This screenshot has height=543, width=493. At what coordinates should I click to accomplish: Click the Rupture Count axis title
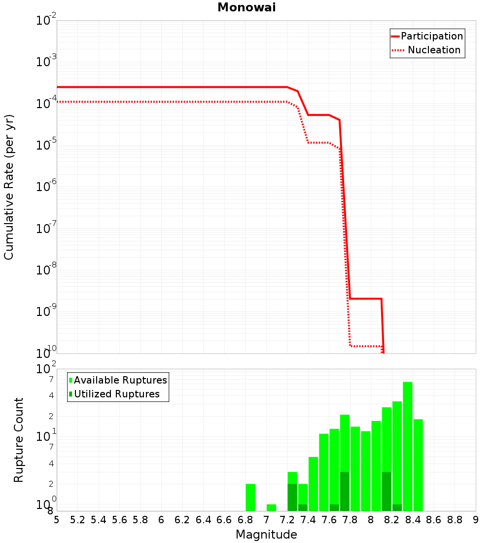pos(19,439)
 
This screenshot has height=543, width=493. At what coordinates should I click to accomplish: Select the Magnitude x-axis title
pos(266,535)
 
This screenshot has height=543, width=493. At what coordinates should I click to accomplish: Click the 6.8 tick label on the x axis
pos(245,520)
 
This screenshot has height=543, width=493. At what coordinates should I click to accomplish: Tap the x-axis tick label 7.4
pos(308,520)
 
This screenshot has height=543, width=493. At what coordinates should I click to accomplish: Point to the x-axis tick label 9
pos(476,520)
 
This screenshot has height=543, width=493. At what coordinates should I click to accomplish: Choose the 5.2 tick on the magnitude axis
pos(77,520)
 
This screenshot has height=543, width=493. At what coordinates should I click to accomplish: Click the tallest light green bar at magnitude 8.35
pos(407,444)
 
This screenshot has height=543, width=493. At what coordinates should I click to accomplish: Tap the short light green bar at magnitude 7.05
pos(271,507)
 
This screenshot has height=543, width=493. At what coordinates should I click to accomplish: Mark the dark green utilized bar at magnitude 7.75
pos(345,491)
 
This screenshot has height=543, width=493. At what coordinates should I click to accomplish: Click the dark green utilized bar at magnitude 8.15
pos(387,491)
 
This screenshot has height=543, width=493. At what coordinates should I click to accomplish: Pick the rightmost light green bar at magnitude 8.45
pos(418,464)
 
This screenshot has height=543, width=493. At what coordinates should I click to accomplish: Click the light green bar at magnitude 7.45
pos(313,484)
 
